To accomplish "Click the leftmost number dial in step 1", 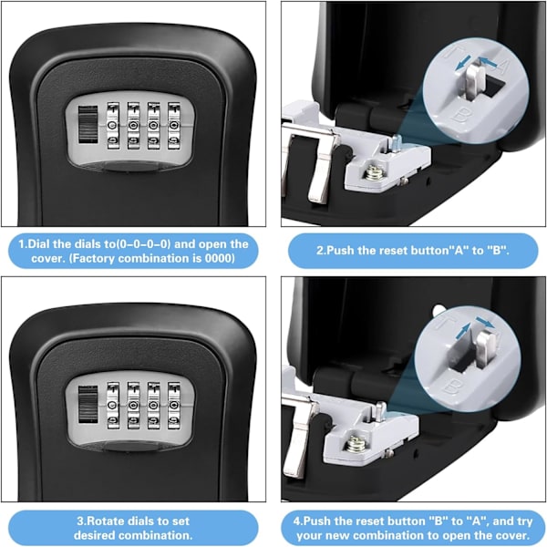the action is [x=113, y=126].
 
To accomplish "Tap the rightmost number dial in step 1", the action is [x=174, y=126].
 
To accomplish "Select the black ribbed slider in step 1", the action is [x=88, y=125].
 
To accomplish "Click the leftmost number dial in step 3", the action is [x=113, y=406].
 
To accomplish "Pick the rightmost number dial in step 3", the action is [x=174, y=406].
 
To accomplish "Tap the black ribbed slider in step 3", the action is [x=88, y=405].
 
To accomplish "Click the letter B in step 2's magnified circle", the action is [x=460, y=116].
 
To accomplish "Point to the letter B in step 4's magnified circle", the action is [x=450, y=387].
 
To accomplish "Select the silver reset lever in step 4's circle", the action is [x=486, y=349].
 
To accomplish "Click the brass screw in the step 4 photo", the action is [x=356, y=444].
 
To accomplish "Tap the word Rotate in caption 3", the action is [x=106, y=521].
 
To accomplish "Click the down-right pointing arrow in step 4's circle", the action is [x=486, y=323].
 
